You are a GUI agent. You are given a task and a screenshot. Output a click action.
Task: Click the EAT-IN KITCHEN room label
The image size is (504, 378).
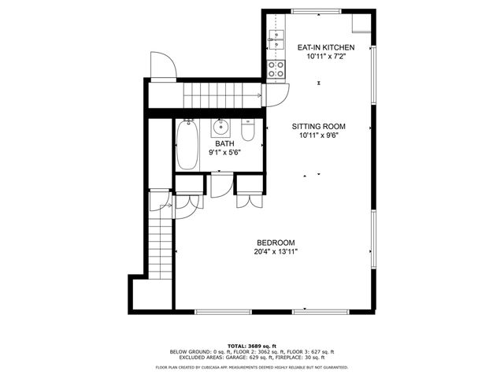pos(325,48)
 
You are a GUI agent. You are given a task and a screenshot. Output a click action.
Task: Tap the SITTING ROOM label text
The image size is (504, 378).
pos(318,127)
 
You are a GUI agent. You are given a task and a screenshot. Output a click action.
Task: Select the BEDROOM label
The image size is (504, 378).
pos(275,243)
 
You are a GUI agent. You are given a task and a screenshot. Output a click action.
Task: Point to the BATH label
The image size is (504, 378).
pos(225,143)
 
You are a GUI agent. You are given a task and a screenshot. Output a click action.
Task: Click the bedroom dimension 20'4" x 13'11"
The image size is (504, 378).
pos(275,252)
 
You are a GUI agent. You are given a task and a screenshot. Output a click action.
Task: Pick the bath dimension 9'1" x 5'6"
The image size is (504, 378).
pos(225,152)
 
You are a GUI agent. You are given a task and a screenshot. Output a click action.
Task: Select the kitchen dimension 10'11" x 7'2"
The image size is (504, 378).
pos(325,57)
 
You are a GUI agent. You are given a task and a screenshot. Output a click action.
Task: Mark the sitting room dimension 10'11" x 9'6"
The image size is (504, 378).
pos(318,136)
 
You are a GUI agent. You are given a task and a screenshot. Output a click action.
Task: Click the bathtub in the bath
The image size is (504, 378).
pos(187,145)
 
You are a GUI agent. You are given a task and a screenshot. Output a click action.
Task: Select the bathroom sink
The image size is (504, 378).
pos(220,127)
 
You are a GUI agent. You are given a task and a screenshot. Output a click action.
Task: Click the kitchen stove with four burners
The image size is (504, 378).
pos(276,69)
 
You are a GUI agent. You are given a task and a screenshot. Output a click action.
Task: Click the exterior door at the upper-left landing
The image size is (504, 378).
pos(162,67)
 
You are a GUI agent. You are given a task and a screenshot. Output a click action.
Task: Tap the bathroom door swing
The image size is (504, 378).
pos(220,186)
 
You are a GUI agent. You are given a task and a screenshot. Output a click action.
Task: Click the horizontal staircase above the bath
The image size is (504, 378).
pos(220,96)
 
